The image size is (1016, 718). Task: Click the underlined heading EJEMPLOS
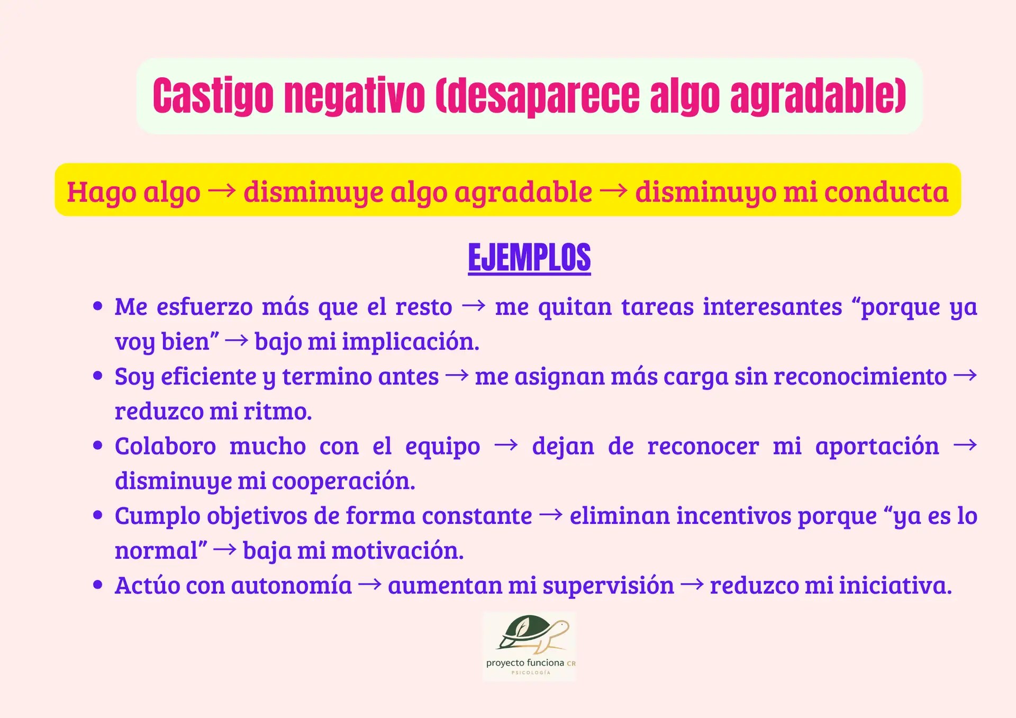tap(529, 258)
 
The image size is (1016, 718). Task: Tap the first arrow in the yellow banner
tap(222, 190)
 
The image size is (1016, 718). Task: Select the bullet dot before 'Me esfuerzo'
tap(97, 306)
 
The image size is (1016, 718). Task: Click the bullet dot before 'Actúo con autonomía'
tap(97, 585)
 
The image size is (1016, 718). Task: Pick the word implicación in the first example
tap(410, 342)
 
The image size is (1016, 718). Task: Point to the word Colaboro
tap(165, 446)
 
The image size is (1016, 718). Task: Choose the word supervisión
tap(608, 586)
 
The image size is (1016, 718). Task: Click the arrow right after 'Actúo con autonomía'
tap(369, 585)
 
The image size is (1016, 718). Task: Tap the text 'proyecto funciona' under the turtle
tap(525, 663)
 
